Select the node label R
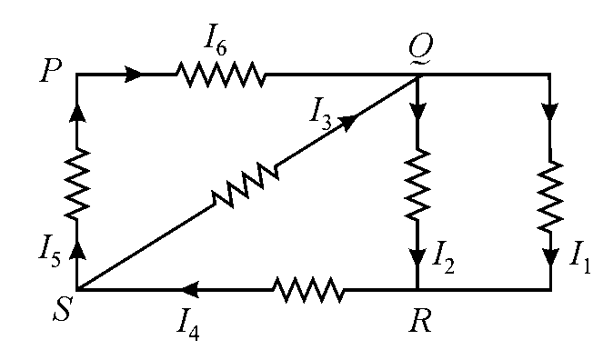click(420, 322)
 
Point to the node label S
click(62, 310)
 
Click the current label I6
click(215, 43)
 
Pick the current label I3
click(320, 116)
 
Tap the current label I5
click(50, 254)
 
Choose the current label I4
click(187, 326)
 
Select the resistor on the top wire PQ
click(221, 74)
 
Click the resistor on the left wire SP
click(76, 184)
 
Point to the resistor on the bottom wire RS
click(309, 290)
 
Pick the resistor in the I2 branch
click(418, 184)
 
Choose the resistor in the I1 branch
click(550, 195)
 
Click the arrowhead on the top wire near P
click(134, 74)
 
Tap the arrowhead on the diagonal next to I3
click(348, 123)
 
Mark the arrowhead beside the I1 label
click(550, 257)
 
